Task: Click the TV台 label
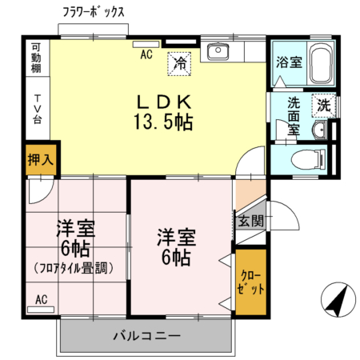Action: click(x=37, y=109)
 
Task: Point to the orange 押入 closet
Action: click(x=39, y=159)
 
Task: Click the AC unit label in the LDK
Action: click(x=146, y=54)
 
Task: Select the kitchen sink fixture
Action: click(x=217, y=54)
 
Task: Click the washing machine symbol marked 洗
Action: click(x=323, y=105)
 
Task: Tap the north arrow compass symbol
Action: click(x=335, y=302)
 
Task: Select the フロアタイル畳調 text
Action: click(x=77, y=269)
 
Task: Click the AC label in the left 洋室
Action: click(x=42, y=299)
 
